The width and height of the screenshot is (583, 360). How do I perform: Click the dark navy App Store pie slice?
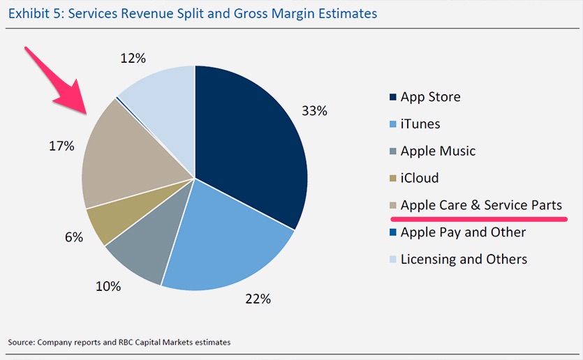tap(251, 153)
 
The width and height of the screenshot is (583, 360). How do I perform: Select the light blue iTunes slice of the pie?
tap(223, 237)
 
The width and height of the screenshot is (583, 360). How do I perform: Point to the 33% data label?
tap(314, 111)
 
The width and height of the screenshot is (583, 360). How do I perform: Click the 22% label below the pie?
tap(257, 299)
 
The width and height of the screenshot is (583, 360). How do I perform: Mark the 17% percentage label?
tap(61, 146)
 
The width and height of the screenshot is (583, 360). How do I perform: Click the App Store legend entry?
tap(430, 97)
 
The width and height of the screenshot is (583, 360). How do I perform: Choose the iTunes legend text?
tap(420, 124)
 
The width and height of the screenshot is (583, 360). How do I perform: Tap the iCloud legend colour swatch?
tap(393, 179)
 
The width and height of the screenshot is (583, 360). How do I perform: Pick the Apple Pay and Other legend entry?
tap(463, 232)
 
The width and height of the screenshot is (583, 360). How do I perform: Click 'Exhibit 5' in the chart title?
tap(32, 12)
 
